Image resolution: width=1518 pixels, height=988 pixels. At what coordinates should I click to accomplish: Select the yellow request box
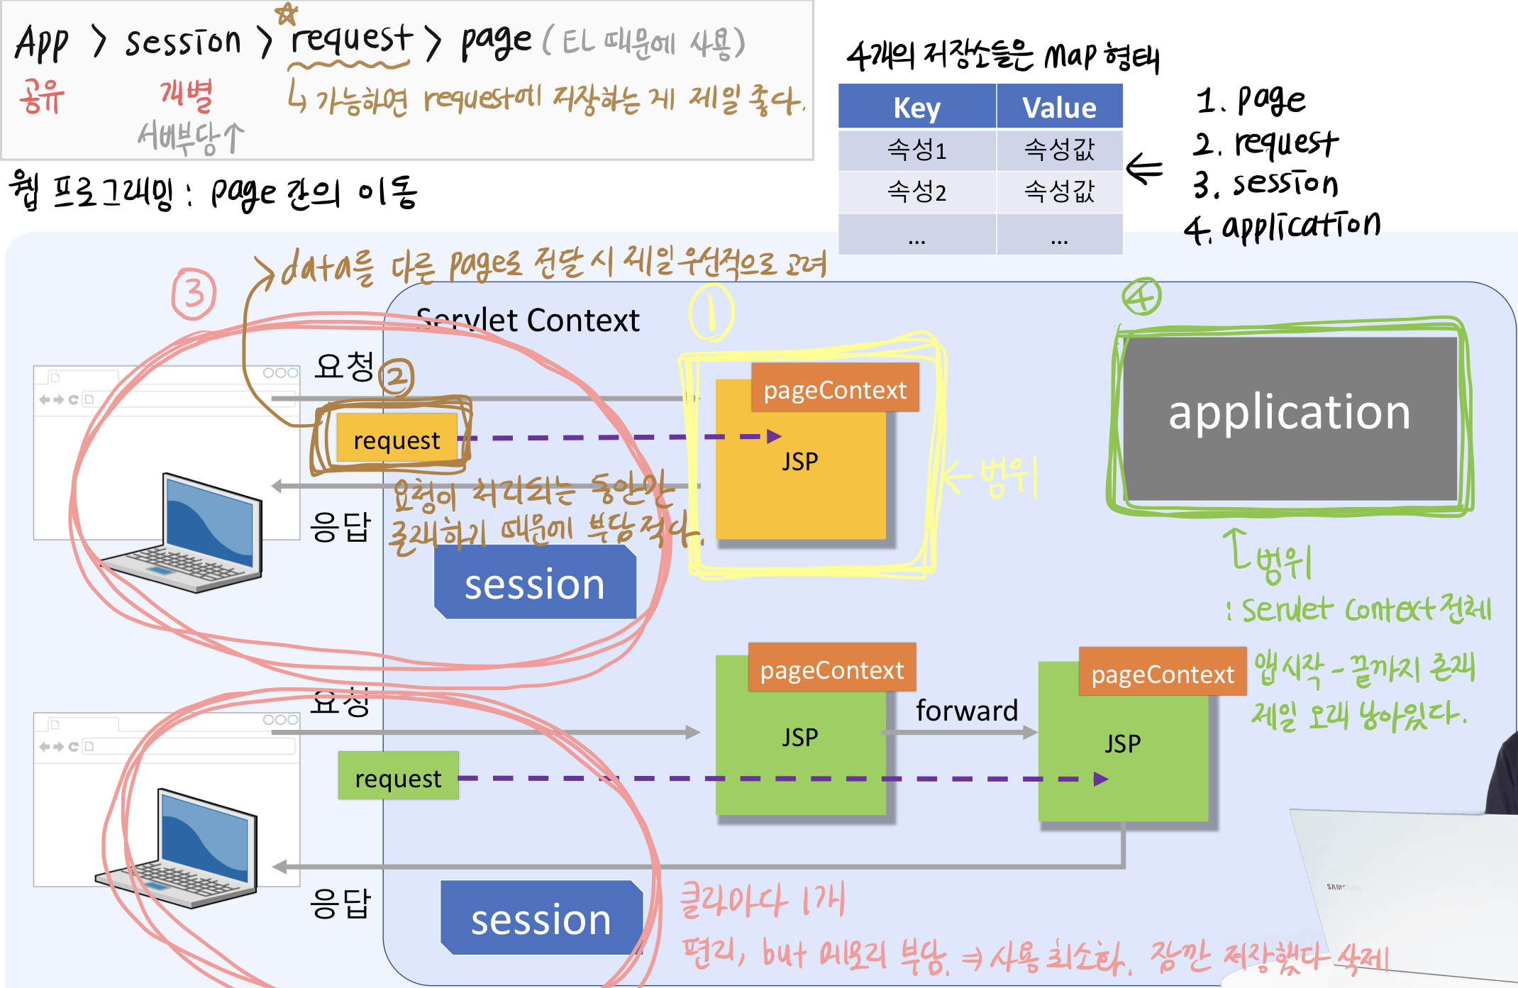397,439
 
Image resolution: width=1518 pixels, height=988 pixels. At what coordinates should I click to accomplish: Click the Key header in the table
916,107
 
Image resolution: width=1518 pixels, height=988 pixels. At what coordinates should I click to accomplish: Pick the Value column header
1059,107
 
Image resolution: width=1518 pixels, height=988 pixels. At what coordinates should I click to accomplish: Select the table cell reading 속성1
916,150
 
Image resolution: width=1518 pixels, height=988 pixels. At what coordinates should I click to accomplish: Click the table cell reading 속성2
916,192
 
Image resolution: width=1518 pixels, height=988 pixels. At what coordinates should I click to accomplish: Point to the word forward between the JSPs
966,710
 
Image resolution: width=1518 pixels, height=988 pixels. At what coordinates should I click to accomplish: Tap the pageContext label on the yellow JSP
835,389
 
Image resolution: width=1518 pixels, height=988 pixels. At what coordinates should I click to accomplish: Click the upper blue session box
535,584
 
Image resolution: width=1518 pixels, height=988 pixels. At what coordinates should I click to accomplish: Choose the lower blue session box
541,919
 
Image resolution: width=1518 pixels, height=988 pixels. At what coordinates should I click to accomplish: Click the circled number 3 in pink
194,293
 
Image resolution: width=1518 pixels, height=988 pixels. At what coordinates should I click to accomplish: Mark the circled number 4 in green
1141,296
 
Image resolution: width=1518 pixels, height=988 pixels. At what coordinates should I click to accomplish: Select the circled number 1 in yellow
711,312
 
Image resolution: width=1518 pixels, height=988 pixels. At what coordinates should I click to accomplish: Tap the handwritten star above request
286,13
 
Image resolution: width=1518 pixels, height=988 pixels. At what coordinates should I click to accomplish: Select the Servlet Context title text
528,321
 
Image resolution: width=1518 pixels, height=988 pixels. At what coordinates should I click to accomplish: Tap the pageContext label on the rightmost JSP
1162,673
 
